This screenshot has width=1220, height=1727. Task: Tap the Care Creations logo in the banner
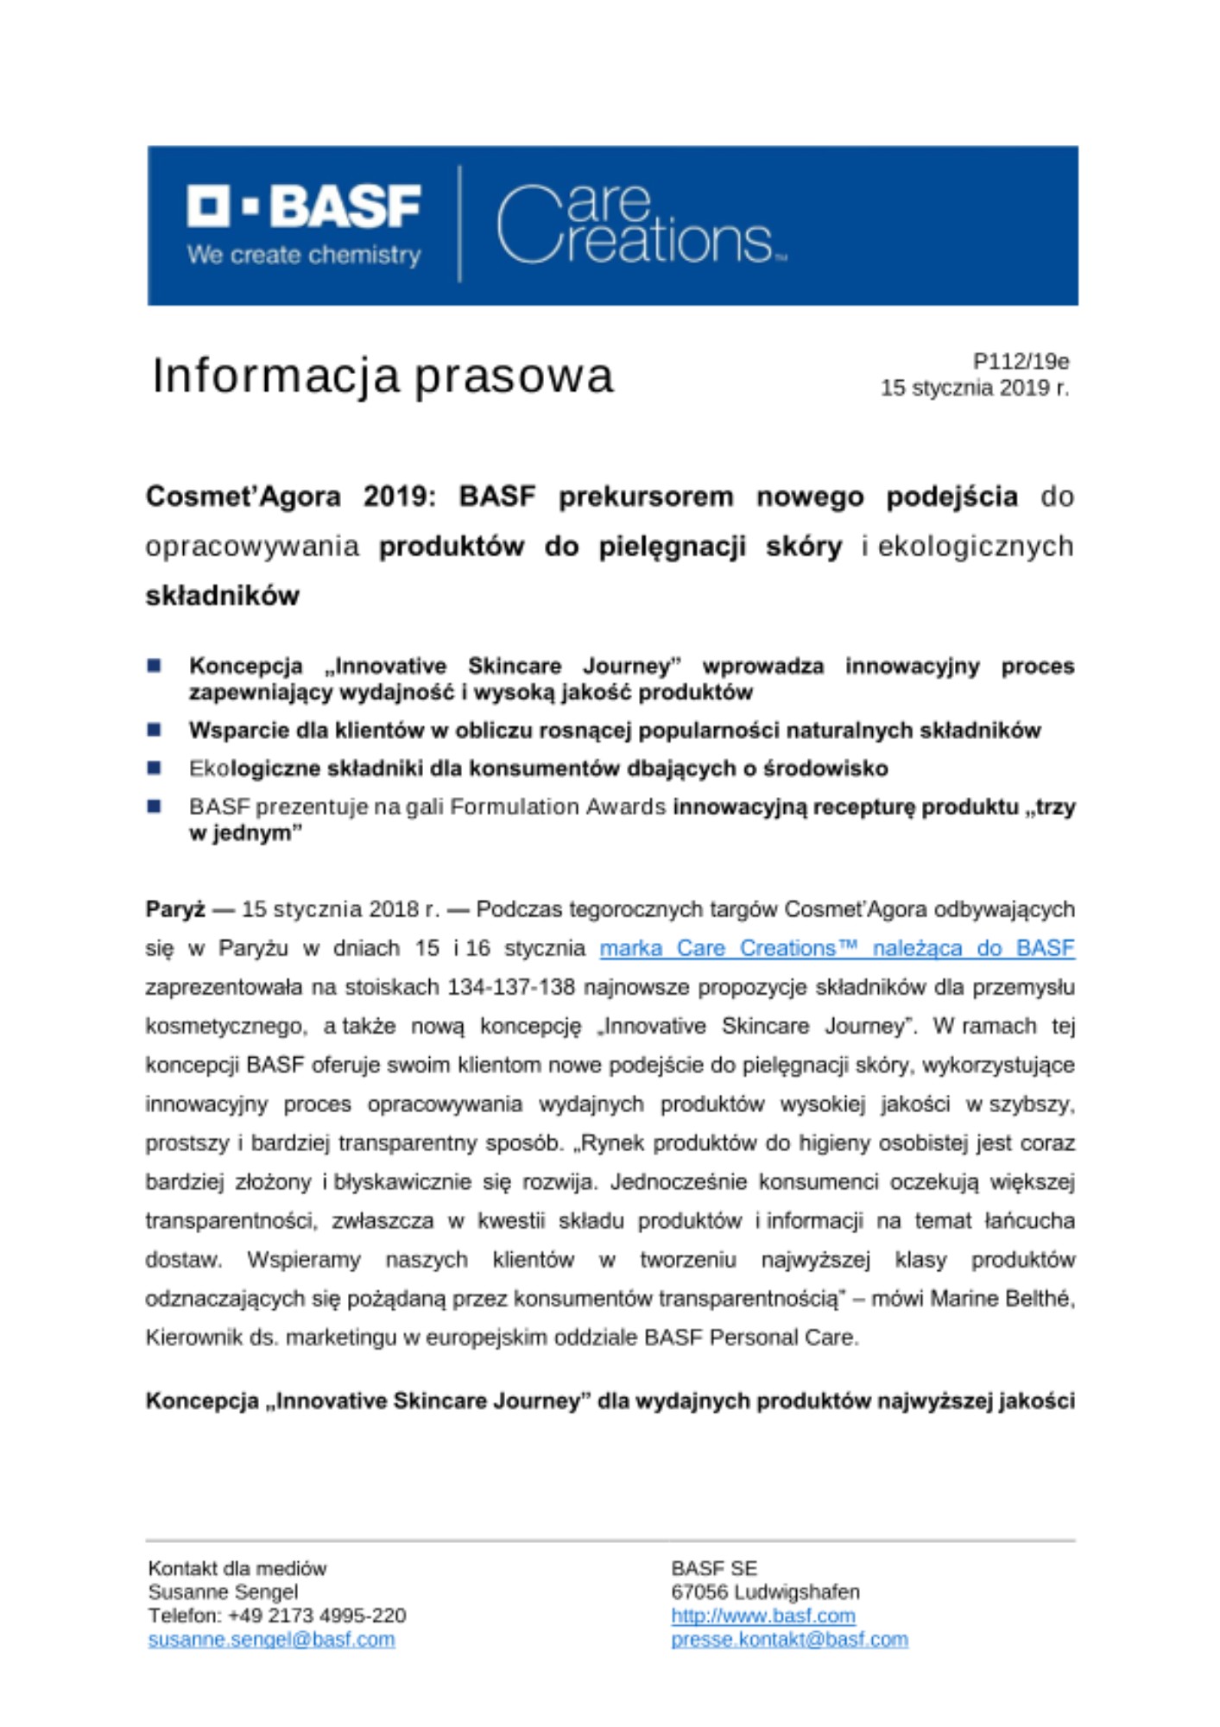tap(640, 224)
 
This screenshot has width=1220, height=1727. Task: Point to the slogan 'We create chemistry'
tap(304, 256)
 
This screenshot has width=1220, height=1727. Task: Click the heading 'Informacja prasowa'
tap(382, 376)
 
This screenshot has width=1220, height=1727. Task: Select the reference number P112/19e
tap(1021, 361)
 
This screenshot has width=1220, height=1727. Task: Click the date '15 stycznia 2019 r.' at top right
tap(974, 388)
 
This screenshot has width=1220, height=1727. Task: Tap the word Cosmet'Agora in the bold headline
tap(243, 497)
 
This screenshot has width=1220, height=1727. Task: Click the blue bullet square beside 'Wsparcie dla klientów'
tap(155, 730)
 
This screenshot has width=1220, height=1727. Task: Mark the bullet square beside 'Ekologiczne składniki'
tap(155, 768)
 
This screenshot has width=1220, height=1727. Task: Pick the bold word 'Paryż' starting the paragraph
tap(175, 909)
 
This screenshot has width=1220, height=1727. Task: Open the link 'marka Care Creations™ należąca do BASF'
tap(837, 948)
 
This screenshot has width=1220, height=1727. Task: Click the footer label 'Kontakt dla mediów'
tap(237, 1568)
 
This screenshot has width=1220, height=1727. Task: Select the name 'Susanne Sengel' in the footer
tap(223, 1591)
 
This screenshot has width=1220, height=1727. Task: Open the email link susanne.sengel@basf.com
tap(271, 1639)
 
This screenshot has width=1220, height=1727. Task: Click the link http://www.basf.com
tap(763, 1615)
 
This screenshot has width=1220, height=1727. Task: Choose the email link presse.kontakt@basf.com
tap(789, 1639)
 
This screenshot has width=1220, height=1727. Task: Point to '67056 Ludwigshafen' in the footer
tap(765, 1591)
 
